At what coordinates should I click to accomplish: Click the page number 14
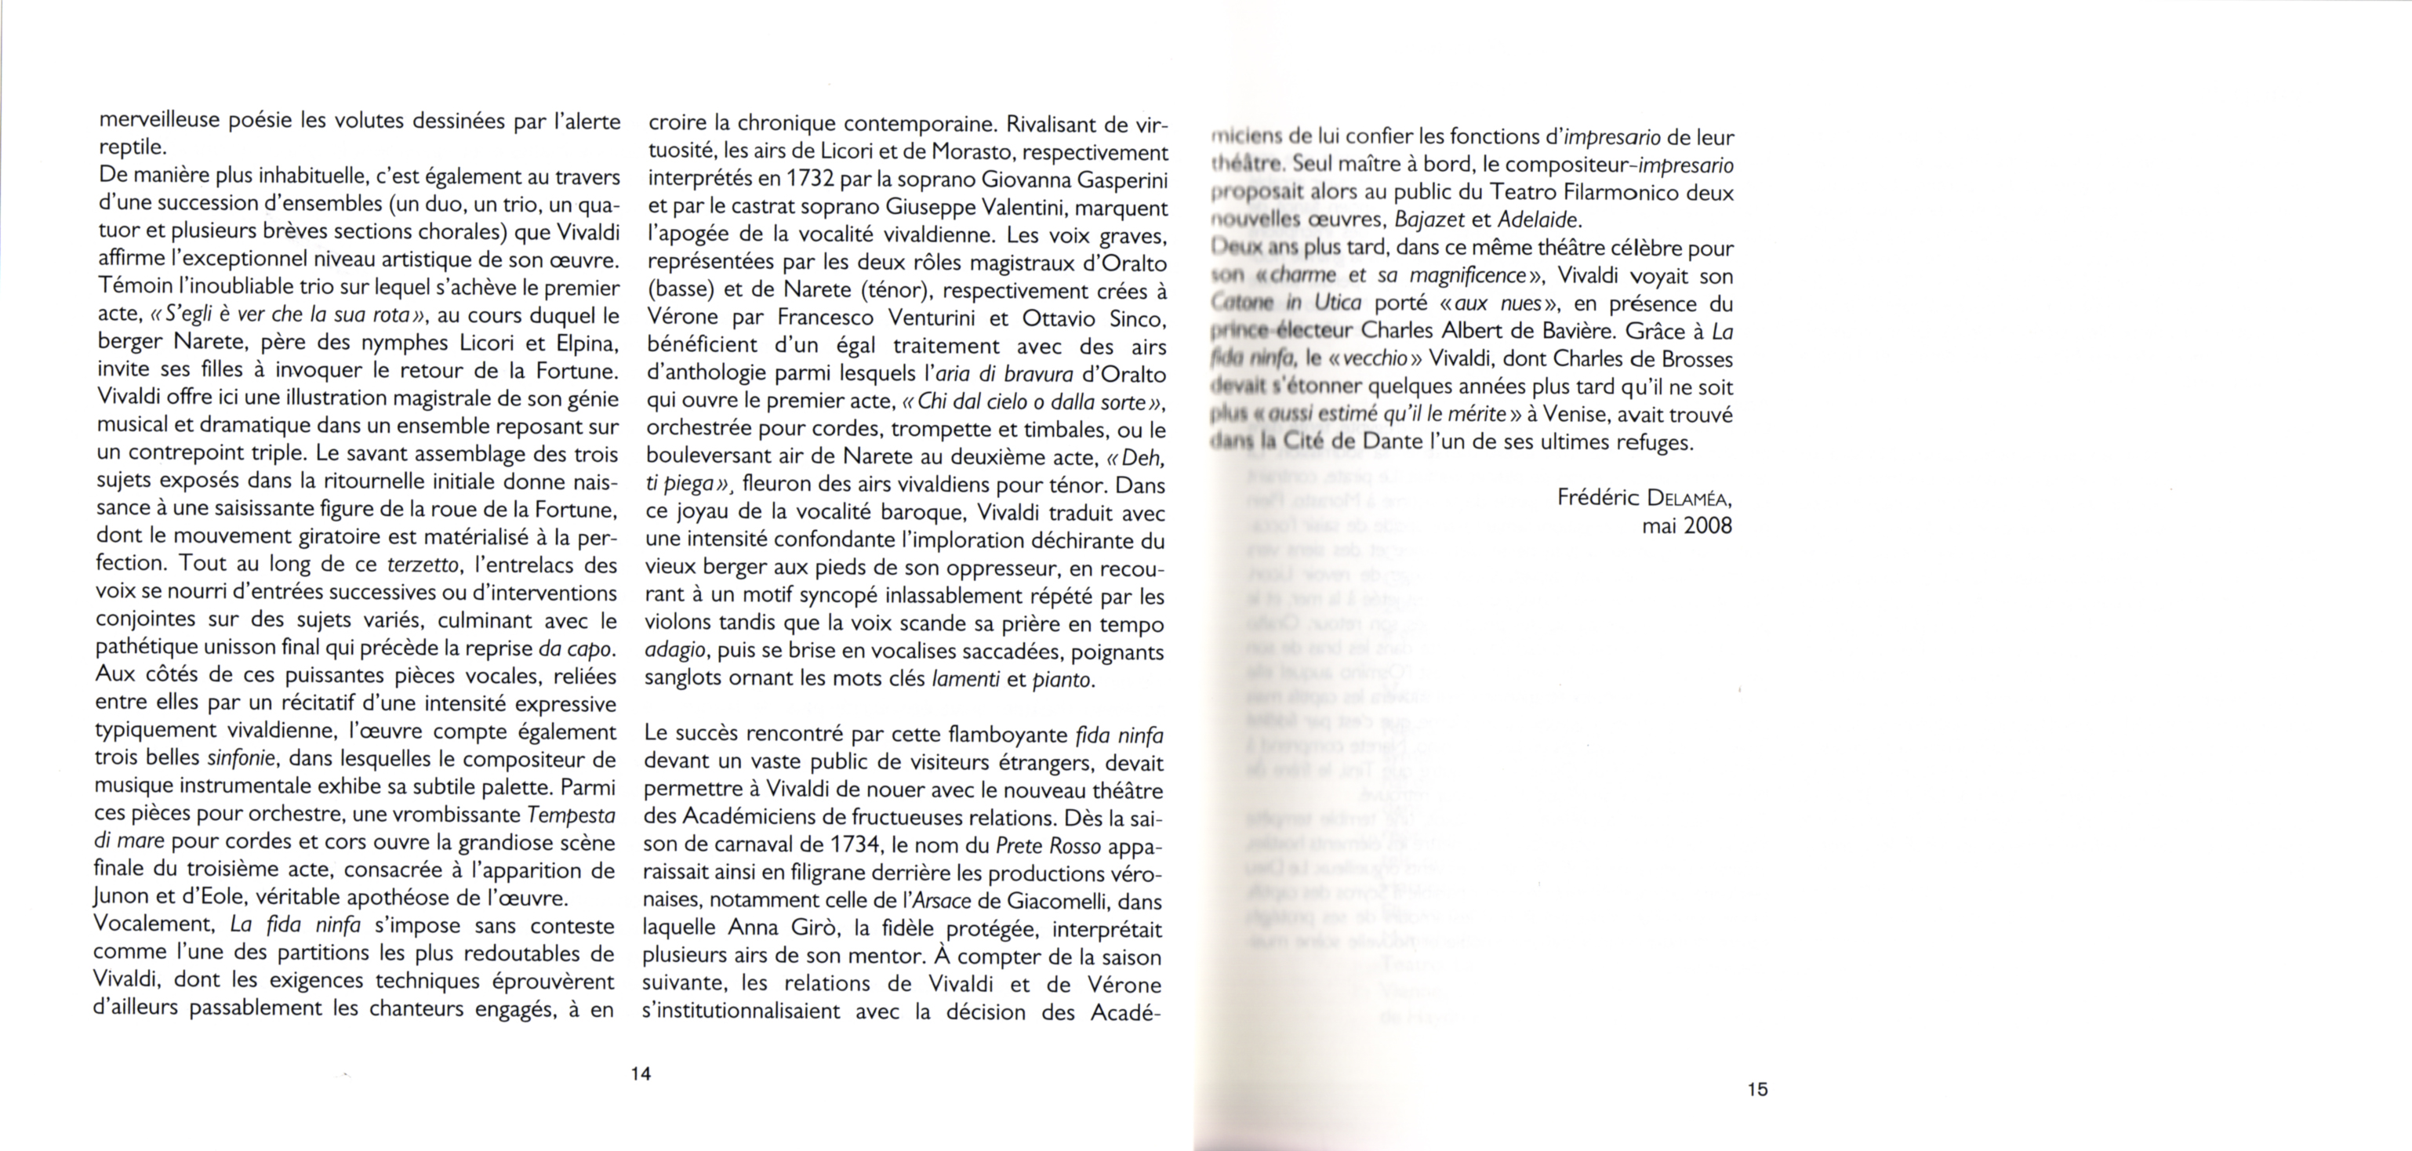[641, 1073]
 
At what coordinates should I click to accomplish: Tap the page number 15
[1756, 1088]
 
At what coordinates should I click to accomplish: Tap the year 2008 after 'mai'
[1708, 525]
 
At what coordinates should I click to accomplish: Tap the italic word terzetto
[423, 565]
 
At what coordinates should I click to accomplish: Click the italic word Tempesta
[571, 814]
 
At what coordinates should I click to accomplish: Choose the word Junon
[122, 897]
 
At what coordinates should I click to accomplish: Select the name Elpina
[585, 342]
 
